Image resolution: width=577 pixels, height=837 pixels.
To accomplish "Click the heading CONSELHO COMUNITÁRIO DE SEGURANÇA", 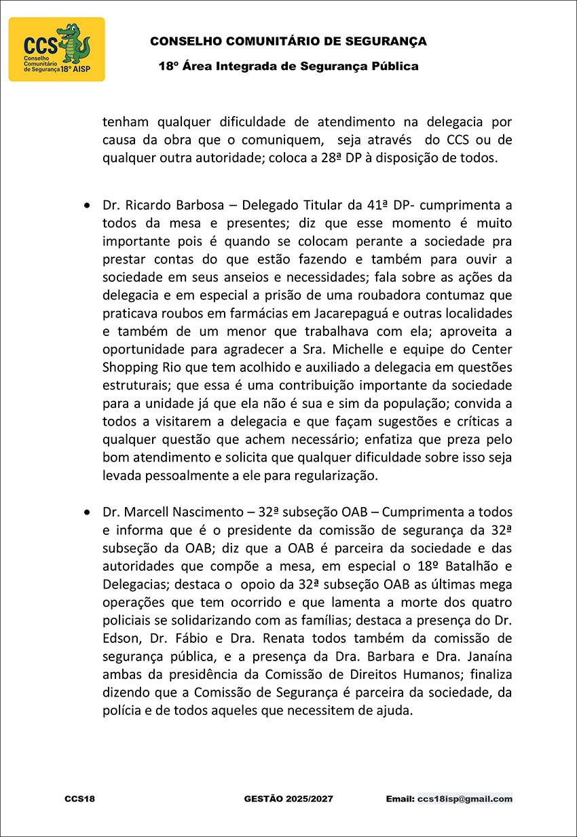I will tap(288, 41).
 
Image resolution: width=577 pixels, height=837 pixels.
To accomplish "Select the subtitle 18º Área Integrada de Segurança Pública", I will tap(288, 67).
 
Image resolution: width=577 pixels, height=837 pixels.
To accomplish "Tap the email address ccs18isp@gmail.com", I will tap(465, 799).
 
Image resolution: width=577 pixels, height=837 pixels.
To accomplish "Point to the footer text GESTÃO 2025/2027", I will tap(288, 799).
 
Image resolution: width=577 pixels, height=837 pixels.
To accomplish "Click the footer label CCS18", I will tap(79, 799).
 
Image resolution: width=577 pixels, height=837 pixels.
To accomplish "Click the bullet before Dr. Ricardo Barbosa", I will tap(86, 204).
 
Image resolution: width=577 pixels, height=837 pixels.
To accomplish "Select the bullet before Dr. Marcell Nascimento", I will tap(86, 512).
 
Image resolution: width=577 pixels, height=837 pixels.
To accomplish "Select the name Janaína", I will tap(483, 656).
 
